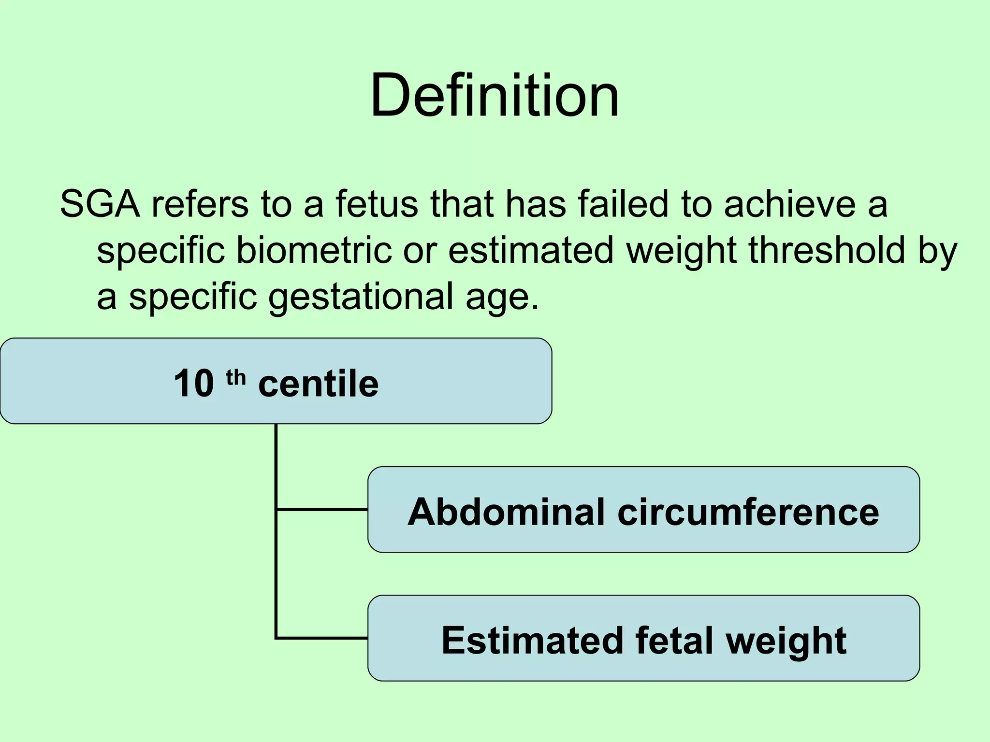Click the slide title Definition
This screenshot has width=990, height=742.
495,95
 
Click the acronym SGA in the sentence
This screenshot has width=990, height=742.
100,204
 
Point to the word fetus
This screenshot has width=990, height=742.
377,204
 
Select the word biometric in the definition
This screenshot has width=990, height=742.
314,250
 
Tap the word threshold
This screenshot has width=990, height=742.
827,250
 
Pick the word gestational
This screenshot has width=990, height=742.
361,297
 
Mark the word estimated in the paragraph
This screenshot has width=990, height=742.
531,250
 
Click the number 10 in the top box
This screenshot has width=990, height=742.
193,383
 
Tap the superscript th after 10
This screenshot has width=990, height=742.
236,377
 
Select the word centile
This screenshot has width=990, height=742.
318,383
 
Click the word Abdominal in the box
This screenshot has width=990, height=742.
506,512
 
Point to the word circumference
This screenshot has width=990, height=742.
748,512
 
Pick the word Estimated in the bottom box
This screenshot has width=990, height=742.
532,641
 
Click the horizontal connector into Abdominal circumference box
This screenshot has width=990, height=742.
322,509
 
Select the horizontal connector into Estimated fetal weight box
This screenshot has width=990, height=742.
322,638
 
